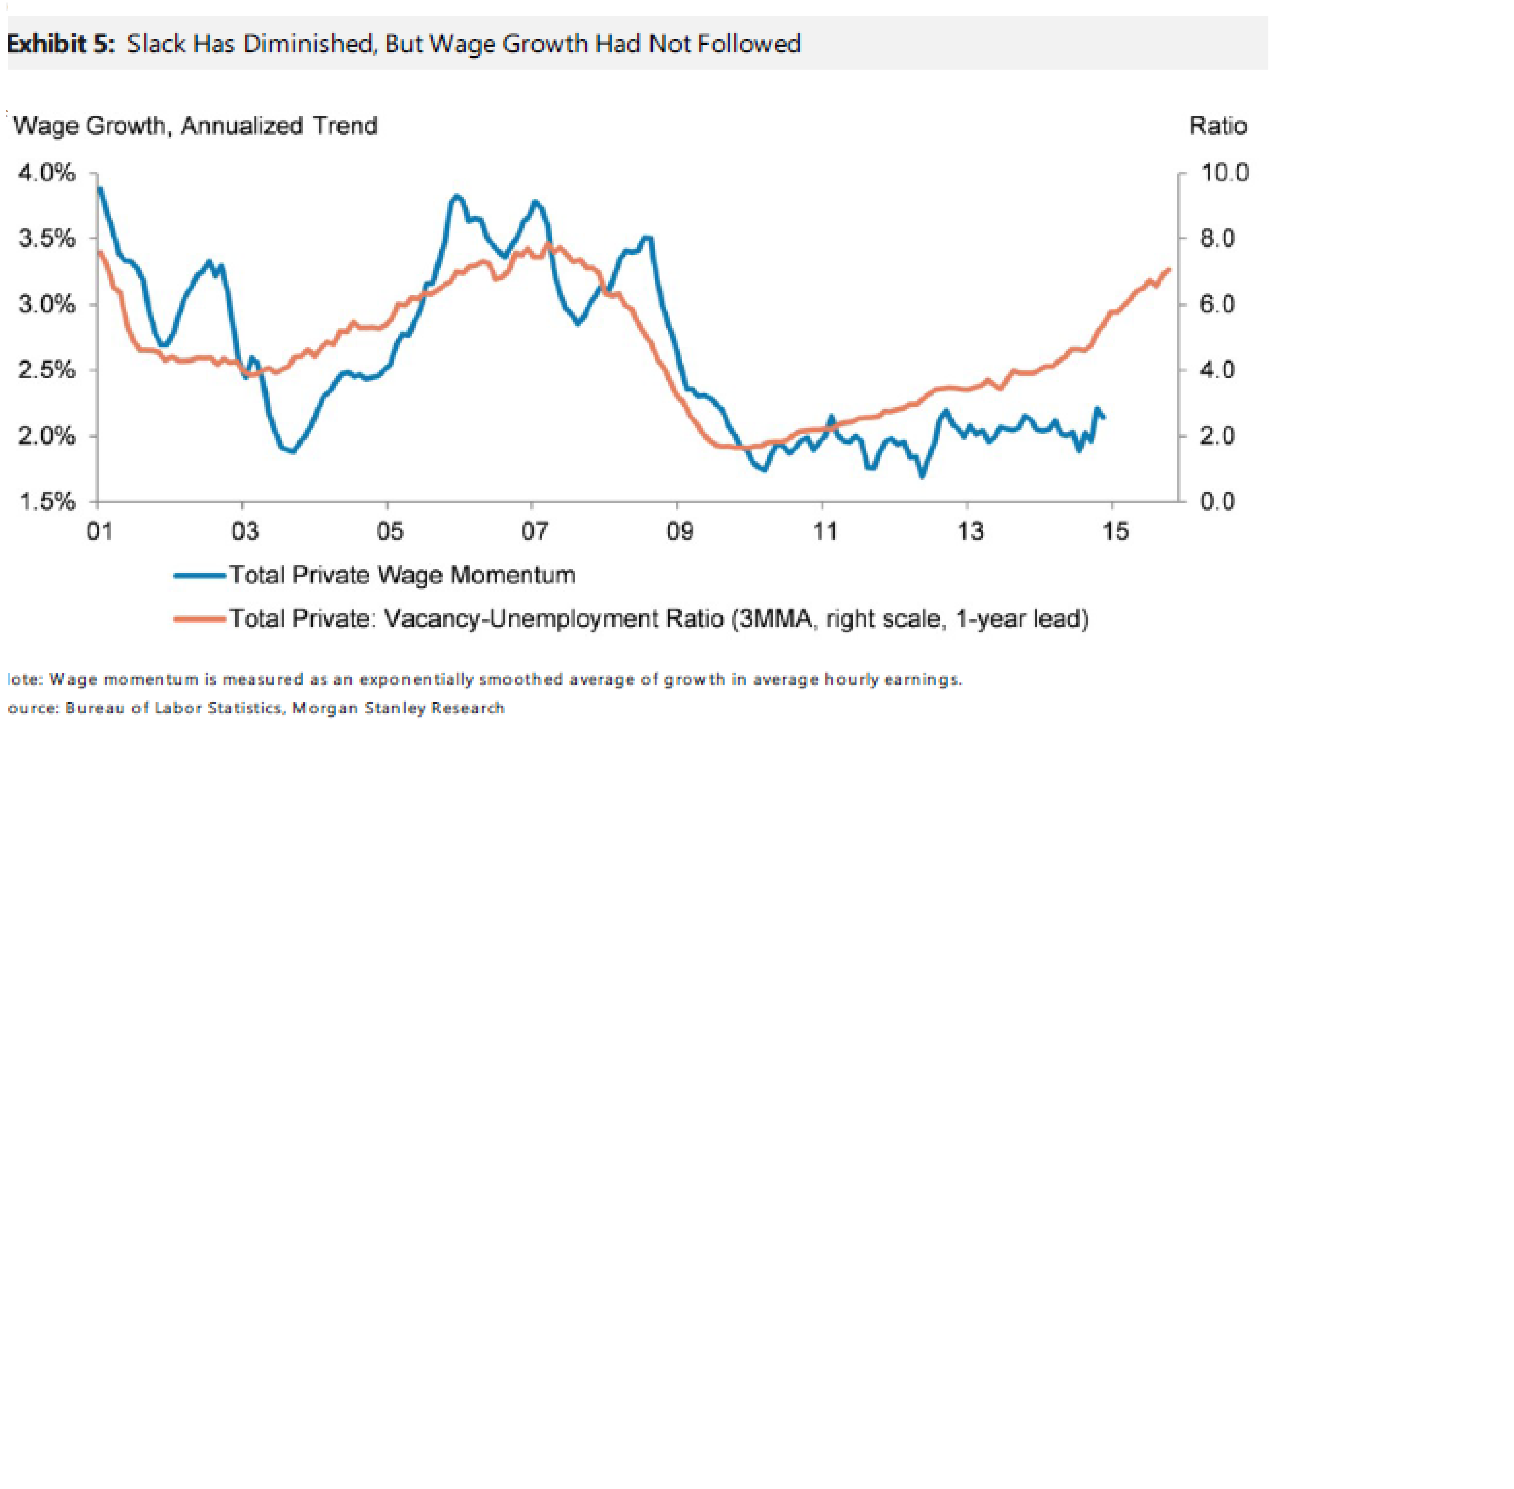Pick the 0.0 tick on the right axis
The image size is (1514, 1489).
pyautogui.click(x=1218, y=501)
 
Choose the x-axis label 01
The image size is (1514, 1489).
pyautogui.click(x=99, y=532)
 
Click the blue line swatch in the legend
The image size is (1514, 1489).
pyautogui.click(x=199, y=576)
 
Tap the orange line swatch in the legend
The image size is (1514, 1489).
pyautogui.click(x=199, y=619)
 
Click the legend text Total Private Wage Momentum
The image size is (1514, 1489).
pyautogui.click(x=402, y=576)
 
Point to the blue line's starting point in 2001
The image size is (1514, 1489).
pyautogui.click(x=99, y=188)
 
